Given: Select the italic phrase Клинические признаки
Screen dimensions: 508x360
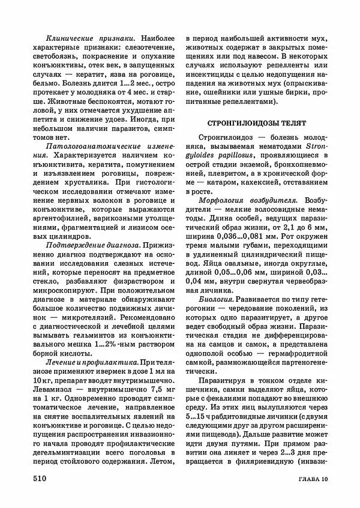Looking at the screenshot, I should [x=83, y=36].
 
